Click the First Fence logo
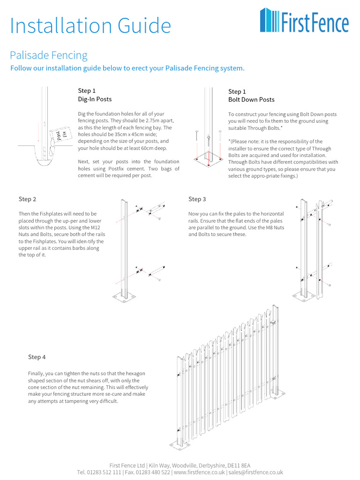[304, 21]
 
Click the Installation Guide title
[90, 26]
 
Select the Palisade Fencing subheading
[49, 55]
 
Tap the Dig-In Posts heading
[95, 99]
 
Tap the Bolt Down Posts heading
[251, 100]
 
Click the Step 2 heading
[28, 199]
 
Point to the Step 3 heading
[197, 199]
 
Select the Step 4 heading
[37, 357]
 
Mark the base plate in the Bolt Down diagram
[209, 160]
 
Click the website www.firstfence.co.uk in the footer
[200, 472]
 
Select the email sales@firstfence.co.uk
[256, 472]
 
